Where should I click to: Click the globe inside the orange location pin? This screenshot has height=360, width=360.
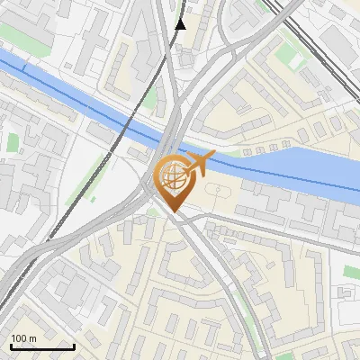[x=173, y=176]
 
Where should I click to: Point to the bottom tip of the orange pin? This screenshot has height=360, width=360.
[x=173, y=212]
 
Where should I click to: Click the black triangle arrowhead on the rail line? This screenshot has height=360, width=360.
[x=180, y=24]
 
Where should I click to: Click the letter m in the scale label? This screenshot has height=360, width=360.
[x=33, y=338]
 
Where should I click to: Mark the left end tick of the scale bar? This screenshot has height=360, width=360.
[x=10, y=346]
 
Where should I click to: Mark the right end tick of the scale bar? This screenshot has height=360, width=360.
[x=74, y=346]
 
